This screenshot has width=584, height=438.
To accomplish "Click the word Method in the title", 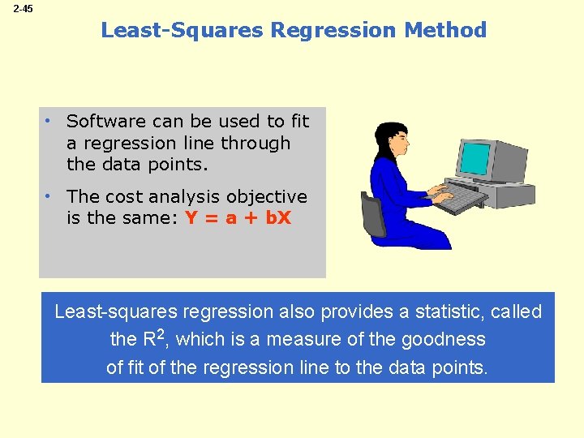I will pyautogui.click(x=447, y=31).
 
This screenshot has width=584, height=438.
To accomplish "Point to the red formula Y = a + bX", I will pyautogui.click(x=238, y=219).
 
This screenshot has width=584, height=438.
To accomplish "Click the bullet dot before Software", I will pyautogui.click(x=49, y=121).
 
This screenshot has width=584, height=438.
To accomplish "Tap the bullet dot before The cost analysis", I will pyautogui.click(x=49, y=196).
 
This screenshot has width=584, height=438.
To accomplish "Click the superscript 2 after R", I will pyautogui.click(x=162, y=333).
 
